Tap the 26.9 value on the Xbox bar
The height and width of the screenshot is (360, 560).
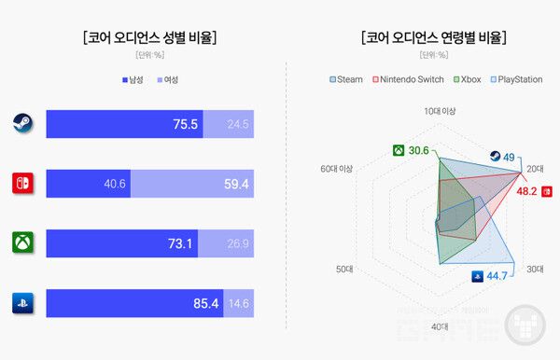point(239,243)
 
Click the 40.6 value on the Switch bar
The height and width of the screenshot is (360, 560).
point(115,184)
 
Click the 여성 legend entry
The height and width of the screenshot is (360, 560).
point(168,79)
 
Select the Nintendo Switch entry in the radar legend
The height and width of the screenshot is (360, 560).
point(408,79)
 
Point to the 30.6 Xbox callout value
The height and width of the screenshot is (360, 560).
point(419,150)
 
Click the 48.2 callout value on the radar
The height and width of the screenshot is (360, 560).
point(526,191)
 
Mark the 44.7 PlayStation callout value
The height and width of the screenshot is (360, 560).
point(496,275)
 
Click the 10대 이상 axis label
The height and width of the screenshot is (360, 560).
point(440,111)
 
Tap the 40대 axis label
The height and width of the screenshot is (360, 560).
point(440,326)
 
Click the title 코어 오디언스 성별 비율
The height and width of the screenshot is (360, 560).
point(149,38)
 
